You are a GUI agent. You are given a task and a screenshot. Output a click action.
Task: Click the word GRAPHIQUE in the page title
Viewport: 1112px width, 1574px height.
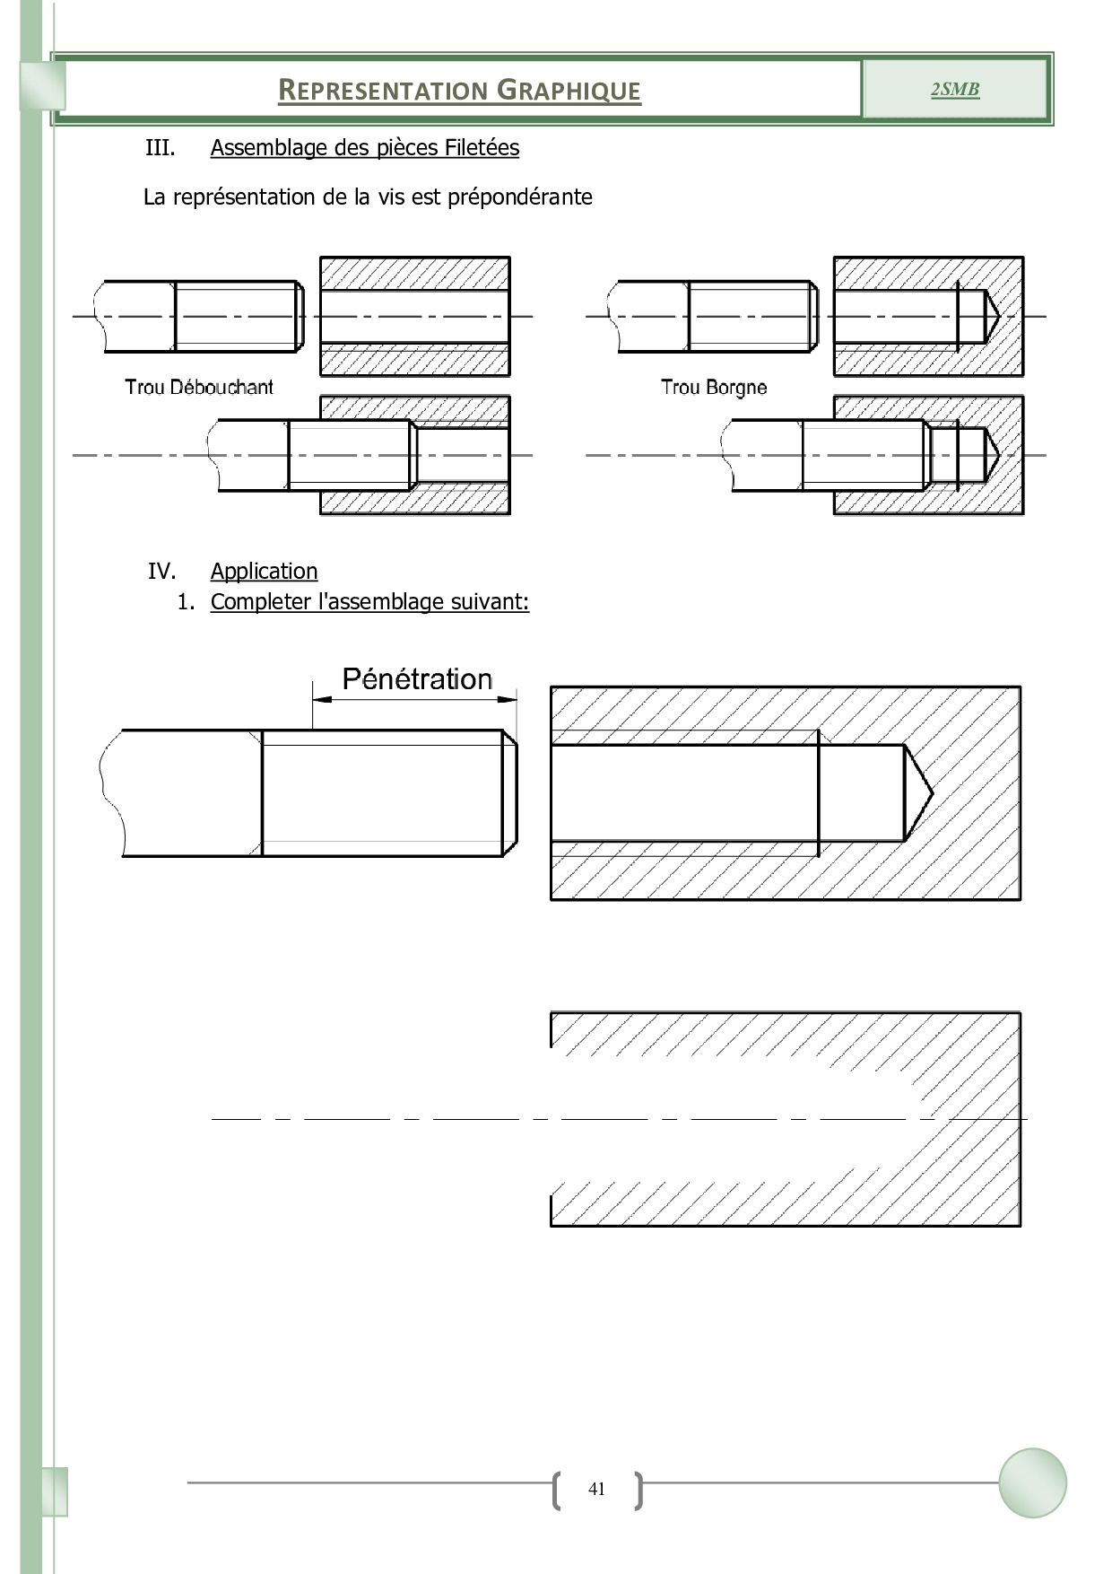569,91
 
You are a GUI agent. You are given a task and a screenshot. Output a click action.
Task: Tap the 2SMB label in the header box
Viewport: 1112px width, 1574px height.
954,89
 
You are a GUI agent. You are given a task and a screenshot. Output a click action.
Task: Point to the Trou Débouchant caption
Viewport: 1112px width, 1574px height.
199,388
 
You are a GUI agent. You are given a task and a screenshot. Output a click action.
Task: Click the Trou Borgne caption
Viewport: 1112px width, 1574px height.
714,388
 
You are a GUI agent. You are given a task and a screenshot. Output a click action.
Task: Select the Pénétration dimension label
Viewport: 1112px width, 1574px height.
417,679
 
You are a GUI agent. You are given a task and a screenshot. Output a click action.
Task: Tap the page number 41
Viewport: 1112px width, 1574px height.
596,1489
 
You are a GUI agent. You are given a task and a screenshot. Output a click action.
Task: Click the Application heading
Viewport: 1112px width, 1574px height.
264,572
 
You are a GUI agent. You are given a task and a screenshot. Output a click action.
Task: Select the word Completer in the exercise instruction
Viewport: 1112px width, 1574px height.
260,602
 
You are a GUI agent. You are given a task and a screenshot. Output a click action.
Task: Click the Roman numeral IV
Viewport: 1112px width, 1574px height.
161,572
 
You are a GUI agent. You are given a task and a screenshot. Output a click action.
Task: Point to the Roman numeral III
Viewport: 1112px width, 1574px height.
160,148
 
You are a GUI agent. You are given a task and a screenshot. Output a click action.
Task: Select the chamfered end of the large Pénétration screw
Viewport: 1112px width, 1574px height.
509,792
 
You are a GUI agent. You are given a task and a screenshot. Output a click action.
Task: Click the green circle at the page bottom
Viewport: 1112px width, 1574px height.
1032,1482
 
